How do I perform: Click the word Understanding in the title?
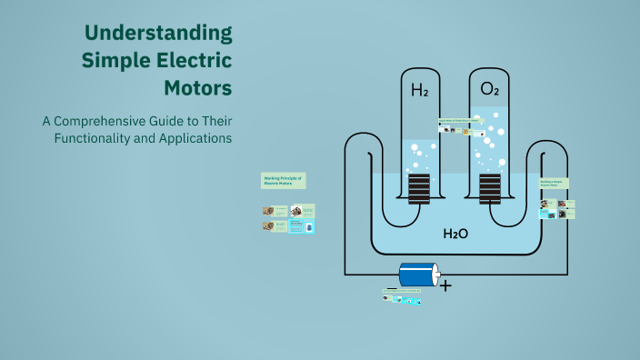(x=158, y=34)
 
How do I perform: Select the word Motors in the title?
(x=197, y=88)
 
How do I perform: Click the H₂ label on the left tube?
(x=419, y=90)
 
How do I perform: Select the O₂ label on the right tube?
(x=489, y=89)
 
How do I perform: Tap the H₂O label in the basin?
(x=455, y=234)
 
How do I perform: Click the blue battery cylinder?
(x=415, y=275)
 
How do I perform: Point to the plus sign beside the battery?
(x=445, y=285)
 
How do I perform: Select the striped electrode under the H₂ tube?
(x=419, y=189)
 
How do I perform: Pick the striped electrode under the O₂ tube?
(x=490, y=189)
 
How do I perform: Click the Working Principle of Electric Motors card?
(x=283, y=180)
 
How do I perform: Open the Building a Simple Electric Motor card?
(x=554, y=184)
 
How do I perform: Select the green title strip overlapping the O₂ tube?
(x=458, y=120)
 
